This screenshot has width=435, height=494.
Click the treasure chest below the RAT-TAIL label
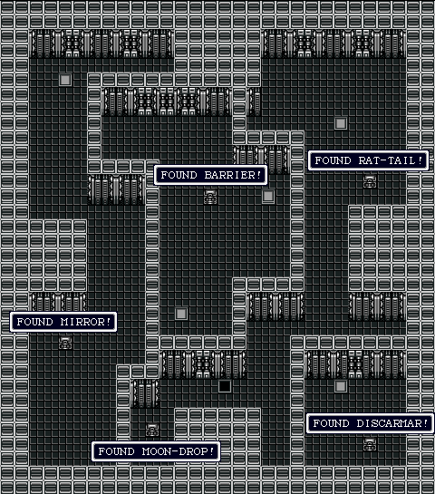click(x=370, y=182)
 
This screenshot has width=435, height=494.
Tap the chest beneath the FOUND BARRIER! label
click(x=210, y=197)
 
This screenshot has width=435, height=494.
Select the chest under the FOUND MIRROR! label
click(x=65, y=343)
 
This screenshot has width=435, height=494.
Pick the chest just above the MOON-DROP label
click(x=152, y=430)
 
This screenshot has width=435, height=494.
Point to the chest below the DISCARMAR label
click(x=370, y=444)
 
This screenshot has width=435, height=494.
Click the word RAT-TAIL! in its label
click(x=391, y=160)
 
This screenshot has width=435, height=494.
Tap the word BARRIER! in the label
click(x=233, y=175)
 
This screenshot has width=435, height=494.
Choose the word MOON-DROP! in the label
click(x=178, y=451)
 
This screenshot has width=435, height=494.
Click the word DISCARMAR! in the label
click(x=392, y=423)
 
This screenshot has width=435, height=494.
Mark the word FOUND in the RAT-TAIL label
click(x=333, y=160)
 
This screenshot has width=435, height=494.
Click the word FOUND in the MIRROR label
click(x=34, y=322)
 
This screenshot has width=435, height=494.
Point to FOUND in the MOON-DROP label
click(x=116, y=451)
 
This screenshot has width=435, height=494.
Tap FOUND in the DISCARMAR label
click(x=331, y=423)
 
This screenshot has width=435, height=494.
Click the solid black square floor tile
click(x=225, y=386)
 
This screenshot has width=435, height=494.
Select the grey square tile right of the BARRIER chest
click(x=268, y=197)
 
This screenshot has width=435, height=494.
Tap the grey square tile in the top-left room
click(x=65, y=80)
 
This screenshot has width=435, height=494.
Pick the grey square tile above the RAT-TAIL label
click(x=341, y=123)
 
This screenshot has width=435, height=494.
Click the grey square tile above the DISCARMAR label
click(x=341, y=386)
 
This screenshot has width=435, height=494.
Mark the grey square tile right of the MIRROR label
click(x=181, y=314)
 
